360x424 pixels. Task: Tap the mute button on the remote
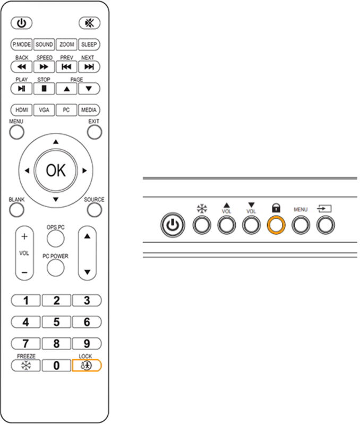pyautogui.click(x=87, y=23)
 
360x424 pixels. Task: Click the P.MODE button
pyautogui.click(x=21, y=45)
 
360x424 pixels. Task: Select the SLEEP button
pyautogui.click(x=89, y=45)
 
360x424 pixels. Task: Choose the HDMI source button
pyautogui.click(x=21, y=110)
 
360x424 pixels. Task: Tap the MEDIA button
pyautogui.click(x=89, y=110)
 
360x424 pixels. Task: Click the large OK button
pyautogui.click(x=56, y=171)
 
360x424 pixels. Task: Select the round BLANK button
pyautogui.click(x=16, y=210)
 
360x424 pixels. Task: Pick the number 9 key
pyautogui.click(x=87, y=343)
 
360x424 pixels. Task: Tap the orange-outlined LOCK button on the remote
pyautogui.click(x=87, y=365)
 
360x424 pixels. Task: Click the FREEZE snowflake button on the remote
pyautogui.click(x=25, y=365)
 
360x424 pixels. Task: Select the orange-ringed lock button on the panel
pyautogui.click(x=276, y=225)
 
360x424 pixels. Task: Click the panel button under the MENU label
pyautogui.click(x=301, y=225)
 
